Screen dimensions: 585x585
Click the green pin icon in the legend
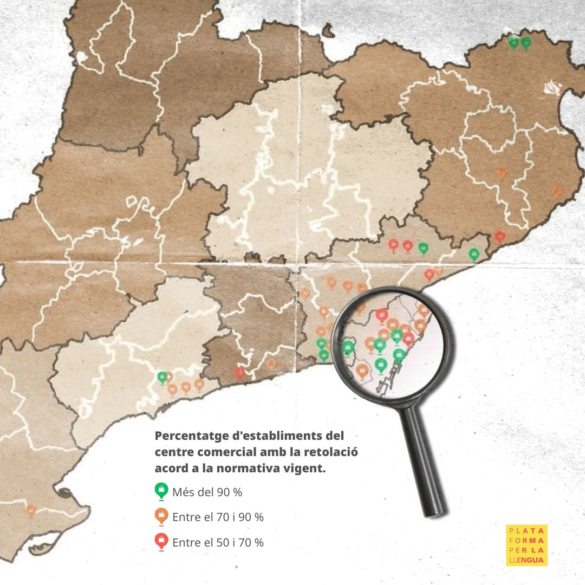pos(161,491)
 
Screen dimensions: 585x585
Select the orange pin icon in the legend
pos(161,516)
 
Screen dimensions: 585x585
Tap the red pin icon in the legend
pos(161,541)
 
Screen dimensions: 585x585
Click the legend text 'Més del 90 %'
pos(207,492)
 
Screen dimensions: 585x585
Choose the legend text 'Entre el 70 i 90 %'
pos(218,517)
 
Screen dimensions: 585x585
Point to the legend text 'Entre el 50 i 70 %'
pos(218,542)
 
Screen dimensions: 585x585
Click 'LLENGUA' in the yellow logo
pos(526,560)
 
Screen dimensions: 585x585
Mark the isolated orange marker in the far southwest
pos(31,510)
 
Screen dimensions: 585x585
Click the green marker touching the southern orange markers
pos(162,376)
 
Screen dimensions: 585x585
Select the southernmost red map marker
pos(239,372)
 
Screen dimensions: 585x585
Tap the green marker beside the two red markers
pos(424,248)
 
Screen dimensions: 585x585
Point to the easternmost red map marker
pos(500,236)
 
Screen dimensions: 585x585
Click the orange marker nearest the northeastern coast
pos(557,191)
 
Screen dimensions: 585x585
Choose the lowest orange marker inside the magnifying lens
pos(363,370)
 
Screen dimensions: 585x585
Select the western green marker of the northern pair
pos(513,42)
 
